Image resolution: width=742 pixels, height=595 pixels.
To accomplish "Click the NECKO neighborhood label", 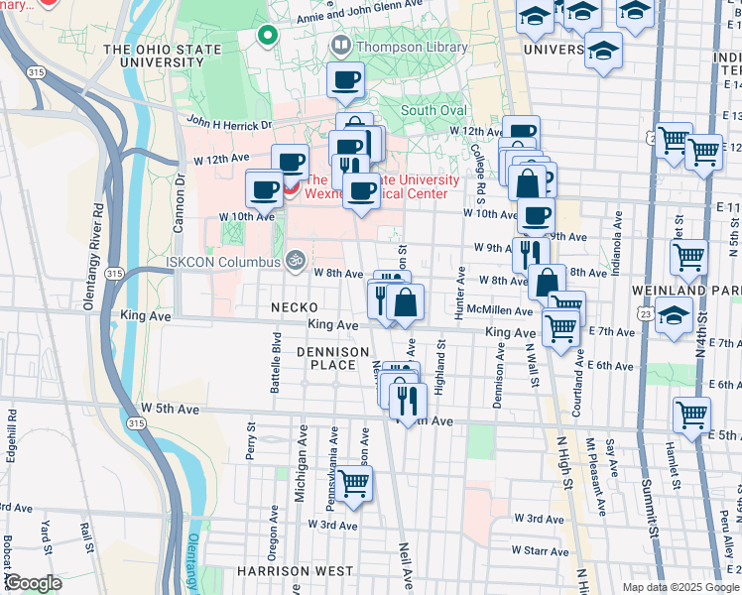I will (295, 308).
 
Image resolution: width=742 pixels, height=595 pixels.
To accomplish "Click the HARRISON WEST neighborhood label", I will (295, 571).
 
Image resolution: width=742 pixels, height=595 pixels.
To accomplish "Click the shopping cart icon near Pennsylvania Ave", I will (353, 484).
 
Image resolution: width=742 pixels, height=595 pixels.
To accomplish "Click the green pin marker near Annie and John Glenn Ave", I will (267, 36).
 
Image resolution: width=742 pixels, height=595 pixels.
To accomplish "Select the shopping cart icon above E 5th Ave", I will (691, 414).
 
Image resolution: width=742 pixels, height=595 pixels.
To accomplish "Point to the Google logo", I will (33, 583).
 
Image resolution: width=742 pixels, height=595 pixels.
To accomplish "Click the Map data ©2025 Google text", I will (680, 587).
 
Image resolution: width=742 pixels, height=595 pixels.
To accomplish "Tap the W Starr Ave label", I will (541, 550).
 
